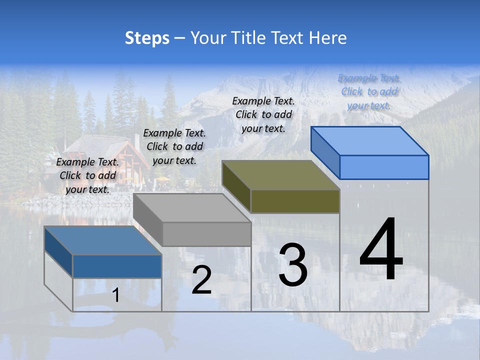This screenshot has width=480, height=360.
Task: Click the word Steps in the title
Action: [x=147, y=38]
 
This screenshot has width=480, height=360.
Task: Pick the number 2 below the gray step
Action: [x=201, y=280]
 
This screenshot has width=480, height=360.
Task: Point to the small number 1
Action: [x=116, y=295]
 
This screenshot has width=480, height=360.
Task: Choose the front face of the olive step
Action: [x=295, y=201]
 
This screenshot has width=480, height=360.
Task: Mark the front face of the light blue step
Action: [x=384, y=167]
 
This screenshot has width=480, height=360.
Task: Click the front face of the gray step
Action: [x=206, y=234]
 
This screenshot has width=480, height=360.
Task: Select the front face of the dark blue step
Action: [x=117, y=266]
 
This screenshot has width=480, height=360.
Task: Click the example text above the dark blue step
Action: [x=87, y=175]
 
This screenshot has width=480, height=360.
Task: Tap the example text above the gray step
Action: [x=174, y=146]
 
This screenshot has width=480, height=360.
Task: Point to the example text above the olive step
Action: [x=263, y=114]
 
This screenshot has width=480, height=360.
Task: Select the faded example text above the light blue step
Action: [x=369, y=91]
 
